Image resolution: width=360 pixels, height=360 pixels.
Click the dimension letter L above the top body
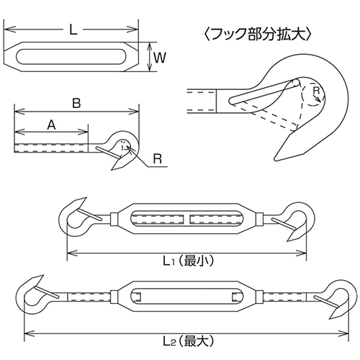[73, 30]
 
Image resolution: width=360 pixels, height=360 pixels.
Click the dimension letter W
[160, 58]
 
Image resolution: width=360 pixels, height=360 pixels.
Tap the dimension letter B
[76, 104]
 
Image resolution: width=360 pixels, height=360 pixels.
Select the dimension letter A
[51, 125]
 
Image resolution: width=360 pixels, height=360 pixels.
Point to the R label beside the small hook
[158, 158]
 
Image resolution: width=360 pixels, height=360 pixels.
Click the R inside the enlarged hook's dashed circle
[317, 91]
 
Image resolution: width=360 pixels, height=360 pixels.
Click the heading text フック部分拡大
[258, 35]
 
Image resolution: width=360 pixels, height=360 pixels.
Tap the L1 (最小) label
[188, 261]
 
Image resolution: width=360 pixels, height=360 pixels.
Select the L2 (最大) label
[188, 341]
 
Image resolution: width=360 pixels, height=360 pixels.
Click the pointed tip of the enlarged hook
[275, 160]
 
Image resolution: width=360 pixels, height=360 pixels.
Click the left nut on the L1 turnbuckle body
[114, 219]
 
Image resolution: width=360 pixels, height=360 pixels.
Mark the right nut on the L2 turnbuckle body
[259, 297]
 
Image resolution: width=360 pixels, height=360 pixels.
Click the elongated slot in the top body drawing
[70, 57]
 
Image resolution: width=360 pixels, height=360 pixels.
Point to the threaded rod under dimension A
[51, 148]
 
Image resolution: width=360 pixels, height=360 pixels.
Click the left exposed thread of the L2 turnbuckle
[89, 297]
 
